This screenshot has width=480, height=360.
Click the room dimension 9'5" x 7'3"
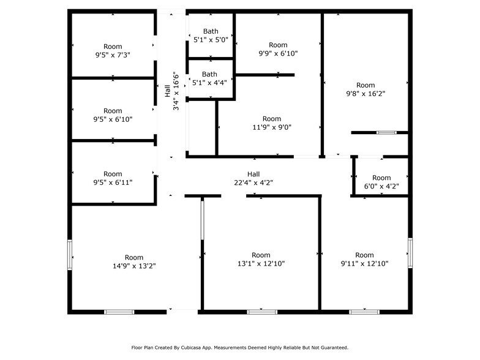click(x=113, y=55)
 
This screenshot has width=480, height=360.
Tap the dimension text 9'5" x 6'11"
click(x=113, y=182)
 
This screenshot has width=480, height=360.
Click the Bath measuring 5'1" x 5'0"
click(x=211, y=40)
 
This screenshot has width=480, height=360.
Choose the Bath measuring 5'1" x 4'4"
click(x=211, y=82)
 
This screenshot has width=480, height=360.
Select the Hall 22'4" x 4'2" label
click(x=253, y=182)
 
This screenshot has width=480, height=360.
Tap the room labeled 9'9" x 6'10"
click(x=278, y=53)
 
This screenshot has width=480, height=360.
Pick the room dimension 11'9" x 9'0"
click(x=272, y=127)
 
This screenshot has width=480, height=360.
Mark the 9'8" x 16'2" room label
click(x=366, y=94)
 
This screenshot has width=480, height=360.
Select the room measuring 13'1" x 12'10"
click(x=261, y=263)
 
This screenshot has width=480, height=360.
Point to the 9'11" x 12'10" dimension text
click(x=364, y=263)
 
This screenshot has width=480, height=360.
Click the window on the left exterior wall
click(x=70, y=255)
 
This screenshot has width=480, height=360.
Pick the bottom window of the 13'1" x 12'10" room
click(x=261, y=312)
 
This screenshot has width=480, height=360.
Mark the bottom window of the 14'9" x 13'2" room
click(x=119, y=312)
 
